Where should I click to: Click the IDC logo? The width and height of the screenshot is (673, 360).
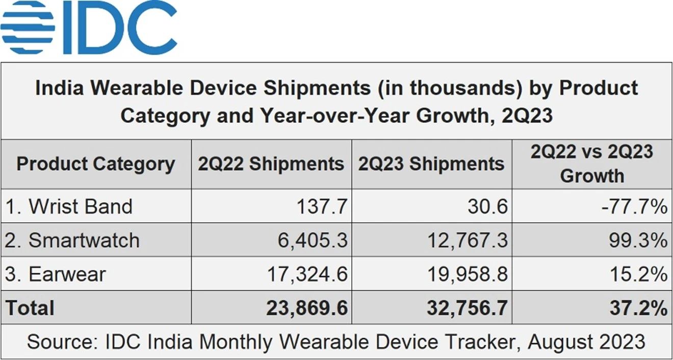click(x=89, y=28)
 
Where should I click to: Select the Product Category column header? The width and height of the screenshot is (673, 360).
click(x=95, y=164)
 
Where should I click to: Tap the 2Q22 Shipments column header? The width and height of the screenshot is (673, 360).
click(x=271, y=164)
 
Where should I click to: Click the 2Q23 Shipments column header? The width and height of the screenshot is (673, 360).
click(x=431, y=164)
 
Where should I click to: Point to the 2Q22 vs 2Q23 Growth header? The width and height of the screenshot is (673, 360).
click(x=592, y=164)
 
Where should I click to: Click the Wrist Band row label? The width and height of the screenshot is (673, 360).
click(x=69, y=207)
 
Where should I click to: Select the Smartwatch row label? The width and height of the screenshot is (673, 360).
click(x=72, y=240)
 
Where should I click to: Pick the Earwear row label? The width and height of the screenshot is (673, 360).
click(x=55, y=274)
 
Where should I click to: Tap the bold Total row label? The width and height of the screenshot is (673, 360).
click(x=30, y=308)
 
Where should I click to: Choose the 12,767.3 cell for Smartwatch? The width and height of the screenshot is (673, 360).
click(x=465, y=240)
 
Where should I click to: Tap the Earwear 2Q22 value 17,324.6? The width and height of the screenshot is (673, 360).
click(x=307, y=274)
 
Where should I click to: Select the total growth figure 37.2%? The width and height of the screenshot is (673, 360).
click(x=638, y=308)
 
